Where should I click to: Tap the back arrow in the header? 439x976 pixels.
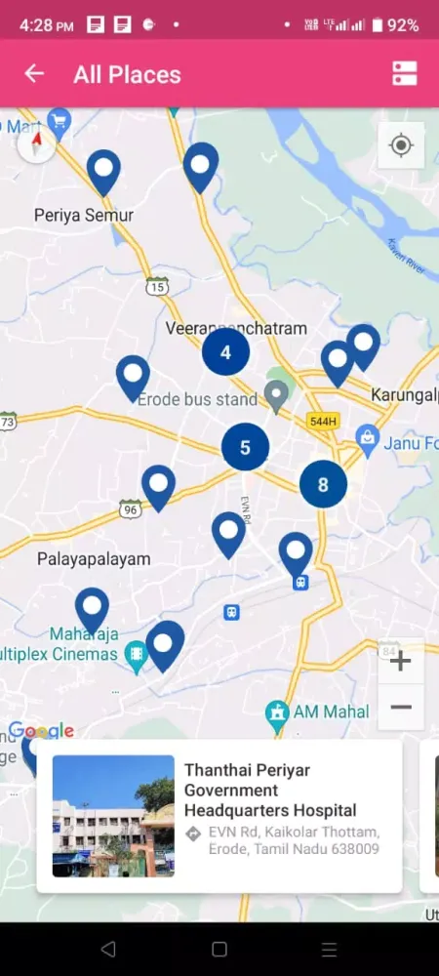tap(34, 74)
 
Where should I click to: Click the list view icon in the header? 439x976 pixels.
tap(404, 74)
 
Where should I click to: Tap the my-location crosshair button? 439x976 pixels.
tap(400, 146)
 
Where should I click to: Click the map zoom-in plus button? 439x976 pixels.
tap(400, 661)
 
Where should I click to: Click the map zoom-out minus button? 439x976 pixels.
tap(400, 707)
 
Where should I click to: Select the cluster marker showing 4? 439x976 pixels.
tap(226, 352)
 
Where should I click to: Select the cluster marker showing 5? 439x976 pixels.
tap(245, 448)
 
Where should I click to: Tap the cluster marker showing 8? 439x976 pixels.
tap(323, 483)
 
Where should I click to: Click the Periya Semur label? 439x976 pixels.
tap(83, 215)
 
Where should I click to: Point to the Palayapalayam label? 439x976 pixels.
tap(94, 559)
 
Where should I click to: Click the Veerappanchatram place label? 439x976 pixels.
tap(237, 329)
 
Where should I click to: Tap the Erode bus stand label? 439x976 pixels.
tap(197, 399)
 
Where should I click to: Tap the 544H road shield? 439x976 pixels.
tap(322, 422)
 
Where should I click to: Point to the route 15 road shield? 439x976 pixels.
tap(158, 286)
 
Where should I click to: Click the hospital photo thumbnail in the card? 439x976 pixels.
tap(113, 815)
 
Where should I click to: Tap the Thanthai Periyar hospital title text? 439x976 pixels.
tap(270, 790)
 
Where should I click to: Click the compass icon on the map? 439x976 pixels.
tap(37, 145)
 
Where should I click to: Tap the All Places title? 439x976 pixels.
tap(127, 74)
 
